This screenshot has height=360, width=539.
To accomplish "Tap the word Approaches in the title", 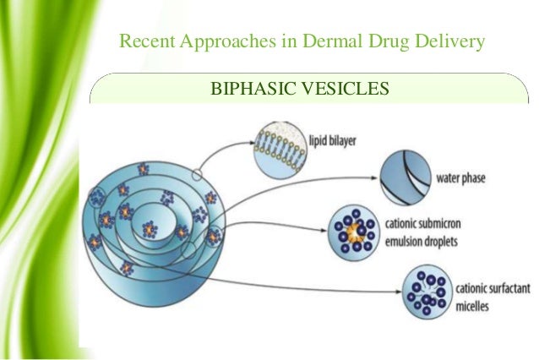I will (213, 41).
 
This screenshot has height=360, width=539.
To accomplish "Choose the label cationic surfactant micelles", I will (490, 295).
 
